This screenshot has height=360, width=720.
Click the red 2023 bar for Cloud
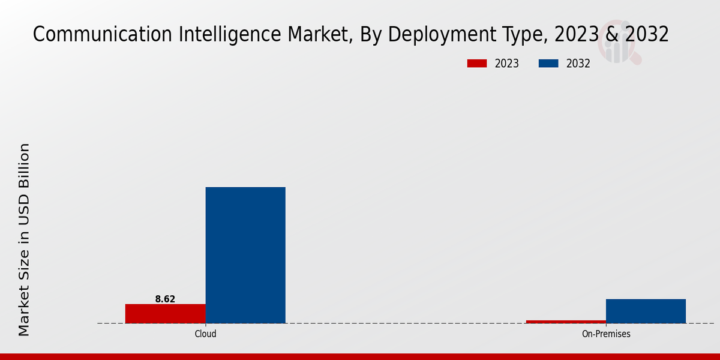165,313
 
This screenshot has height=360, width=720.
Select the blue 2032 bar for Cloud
245,255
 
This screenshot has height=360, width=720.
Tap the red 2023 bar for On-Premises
566,322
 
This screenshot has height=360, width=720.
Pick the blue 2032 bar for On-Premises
646,311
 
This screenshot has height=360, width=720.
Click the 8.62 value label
165,299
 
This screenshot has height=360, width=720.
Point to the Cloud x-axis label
205,334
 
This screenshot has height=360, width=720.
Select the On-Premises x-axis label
606,334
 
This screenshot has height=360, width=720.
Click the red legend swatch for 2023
477,64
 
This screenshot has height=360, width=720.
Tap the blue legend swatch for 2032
549,64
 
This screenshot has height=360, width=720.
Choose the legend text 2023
507,64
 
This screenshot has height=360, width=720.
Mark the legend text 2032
578,64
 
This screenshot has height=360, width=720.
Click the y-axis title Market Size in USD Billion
24,240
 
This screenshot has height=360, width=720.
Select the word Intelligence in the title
215,35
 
